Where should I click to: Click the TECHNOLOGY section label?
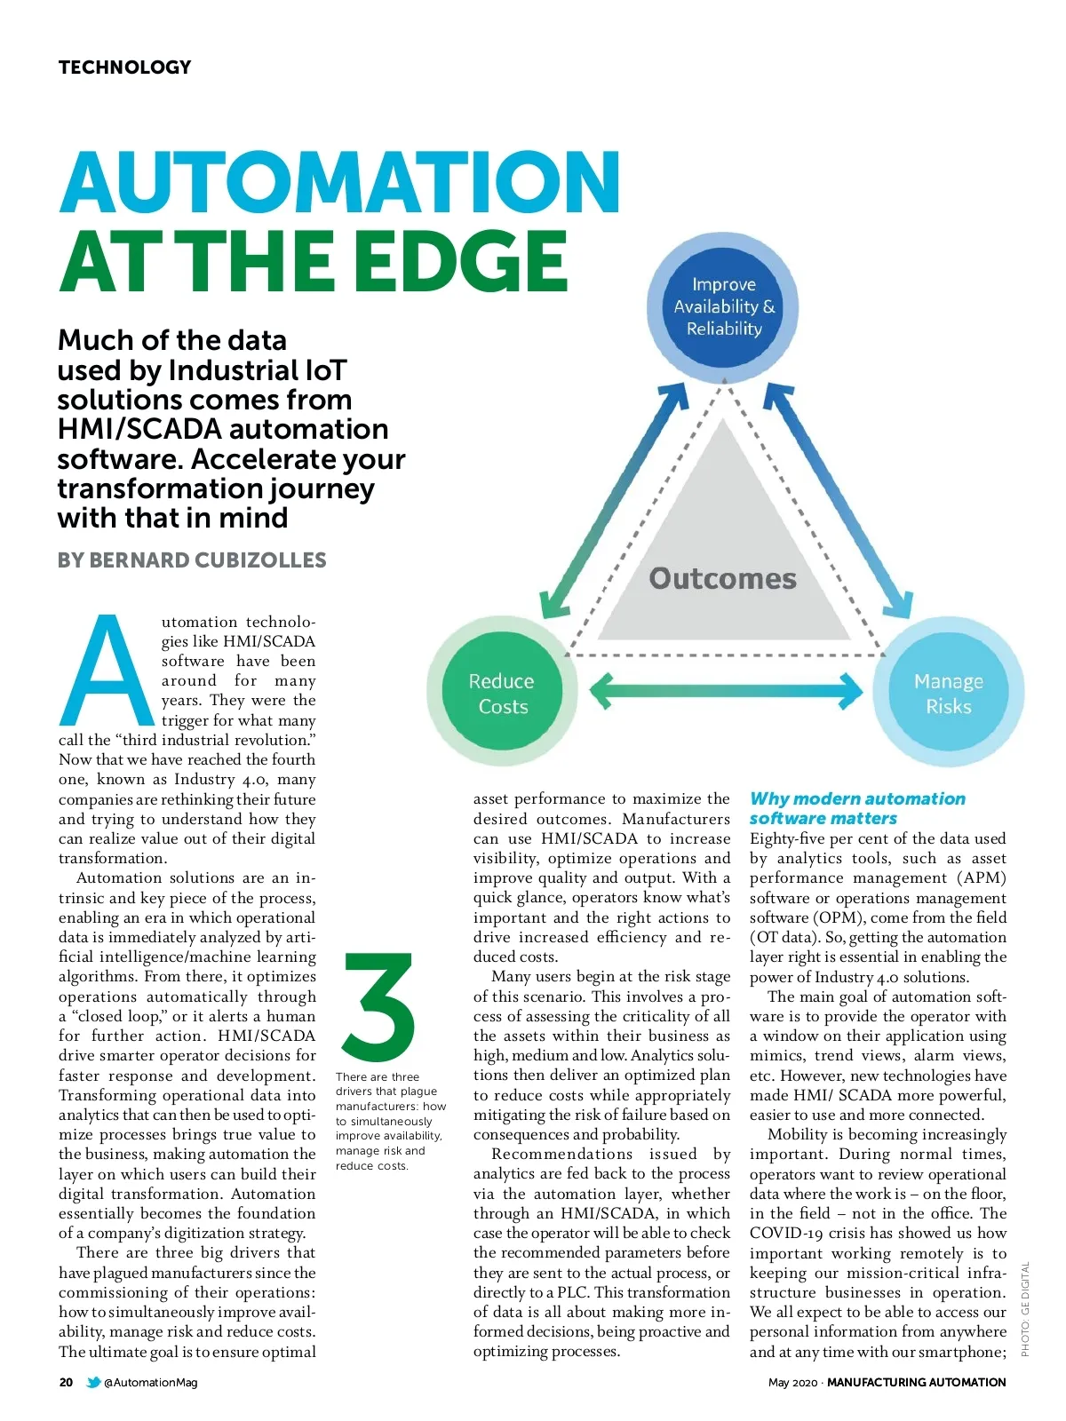pos(124,67)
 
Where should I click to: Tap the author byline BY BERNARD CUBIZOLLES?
pos(192,560)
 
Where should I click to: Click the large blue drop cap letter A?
pos(107,671)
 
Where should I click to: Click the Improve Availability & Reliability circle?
pos(724,307)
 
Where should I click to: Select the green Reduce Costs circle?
pos(502,694)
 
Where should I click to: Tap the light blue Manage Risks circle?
pos(949,694)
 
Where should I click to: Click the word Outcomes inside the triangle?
pos(723,579)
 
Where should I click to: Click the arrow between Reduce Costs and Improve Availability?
pos(614,502)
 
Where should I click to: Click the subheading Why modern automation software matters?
pos(856,808)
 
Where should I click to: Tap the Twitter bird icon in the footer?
pos(93,1382)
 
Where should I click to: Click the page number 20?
pos(67,1382)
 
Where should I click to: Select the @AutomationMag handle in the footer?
pos(151,1382)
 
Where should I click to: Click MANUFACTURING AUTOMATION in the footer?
pos(916,1382)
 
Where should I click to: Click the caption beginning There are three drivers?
pos(390,1121)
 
